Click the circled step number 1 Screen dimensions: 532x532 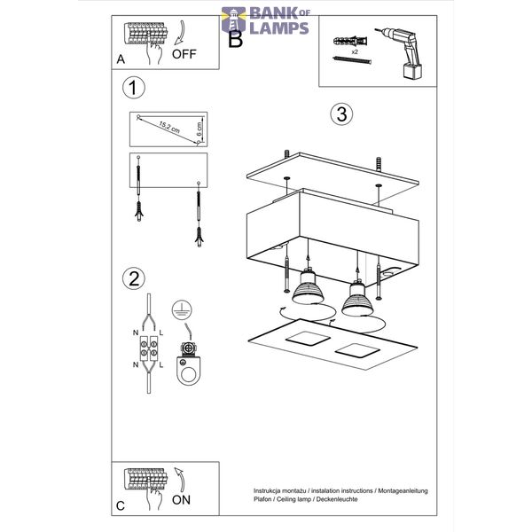coord(134,88)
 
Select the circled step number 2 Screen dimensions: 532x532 coord(134,278)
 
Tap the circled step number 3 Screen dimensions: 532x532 coord(341,114)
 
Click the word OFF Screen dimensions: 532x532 coord(184,54)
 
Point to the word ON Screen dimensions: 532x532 coord(181,500)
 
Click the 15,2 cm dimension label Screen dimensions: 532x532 coord(169,127)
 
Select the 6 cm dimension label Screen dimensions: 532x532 coord(199,129)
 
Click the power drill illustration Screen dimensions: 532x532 coord(403,53)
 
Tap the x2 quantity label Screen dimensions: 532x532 coord(355,52)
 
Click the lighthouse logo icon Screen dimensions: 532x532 coord(233,20)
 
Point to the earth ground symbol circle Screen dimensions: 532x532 coord(182,309)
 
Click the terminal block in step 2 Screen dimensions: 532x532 coord(149,348)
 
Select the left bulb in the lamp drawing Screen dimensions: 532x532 coord(307,286)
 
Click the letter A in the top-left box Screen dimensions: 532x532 coord(121,59)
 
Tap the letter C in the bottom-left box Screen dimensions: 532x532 coord(121,506)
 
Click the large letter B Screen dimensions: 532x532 coord(236,39)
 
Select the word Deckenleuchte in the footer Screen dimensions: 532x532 coord(337,499)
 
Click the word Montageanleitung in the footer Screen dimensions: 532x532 coord(403,491)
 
